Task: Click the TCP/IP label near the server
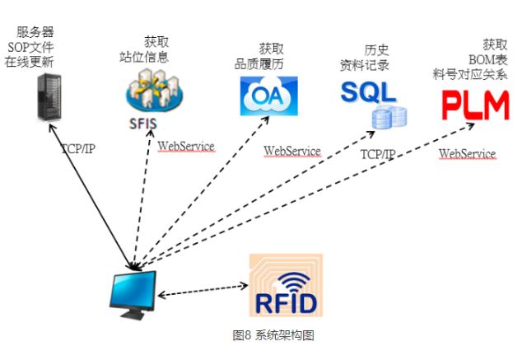(x=79, y=149)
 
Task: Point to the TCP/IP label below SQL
(x=378, y=154)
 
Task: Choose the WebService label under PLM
(x=467, y=154)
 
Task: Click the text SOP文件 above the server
(x=35, y=47)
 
